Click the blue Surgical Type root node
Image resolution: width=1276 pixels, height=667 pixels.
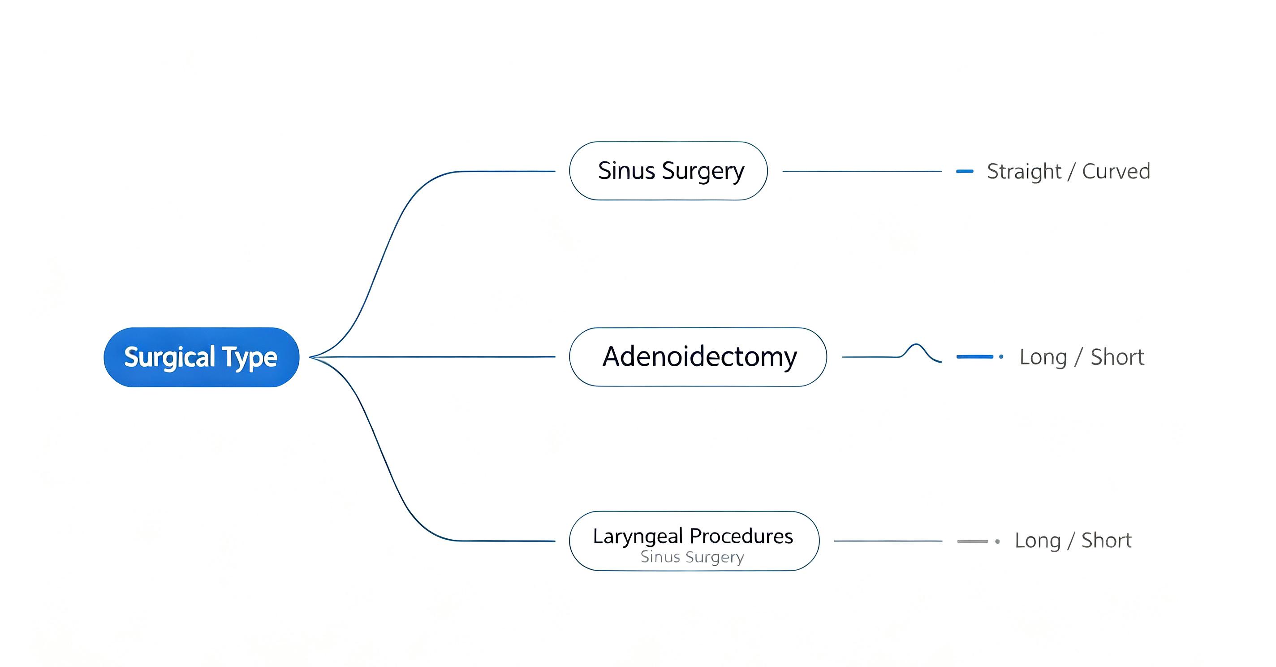pyautogui.click(x=201, y=357)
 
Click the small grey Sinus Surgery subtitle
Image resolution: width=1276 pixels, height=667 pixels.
pyautogui.click(x=692, y=557)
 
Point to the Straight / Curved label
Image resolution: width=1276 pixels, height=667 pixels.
pyautogui.click(x=1069, y=172)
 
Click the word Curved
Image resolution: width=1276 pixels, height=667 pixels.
pyautogui.click(x=1116, y=172)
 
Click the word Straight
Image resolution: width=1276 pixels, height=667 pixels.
pyautogui.click(x=1024, y=172)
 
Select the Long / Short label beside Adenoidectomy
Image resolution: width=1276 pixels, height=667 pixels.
pyautogui.click(x=1082, y=357)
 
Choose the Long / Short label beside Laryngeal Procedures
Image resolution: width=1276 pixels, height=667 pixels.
pyautogui.click(x=1073, y=540)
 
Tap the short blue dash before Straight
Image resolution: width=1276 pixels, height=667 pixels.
pyautogui.click(x=965, y=172)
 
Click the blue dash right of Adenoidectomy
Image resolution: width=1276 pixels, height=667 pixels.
pyautogui.click(x=974, y=356)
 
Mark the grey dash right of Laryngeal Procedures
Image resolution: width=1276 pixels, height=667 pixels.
pyautogui.click(x=972, y=541)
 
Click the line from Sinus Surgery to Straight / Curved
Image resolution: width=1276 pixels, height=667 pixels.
pyautogui.click(x=862, y=172)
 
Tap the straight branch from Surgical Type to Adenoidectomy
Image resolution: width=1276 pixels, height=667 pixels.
pyautogui.click(x=432, y=357)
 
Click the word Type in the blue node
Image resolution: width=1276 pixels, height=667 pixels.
pyautogui.click(x=249, y=358)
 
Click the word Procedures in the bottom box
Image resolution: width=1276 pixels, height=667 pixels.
pyautogui.click(x=741, y=536)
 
